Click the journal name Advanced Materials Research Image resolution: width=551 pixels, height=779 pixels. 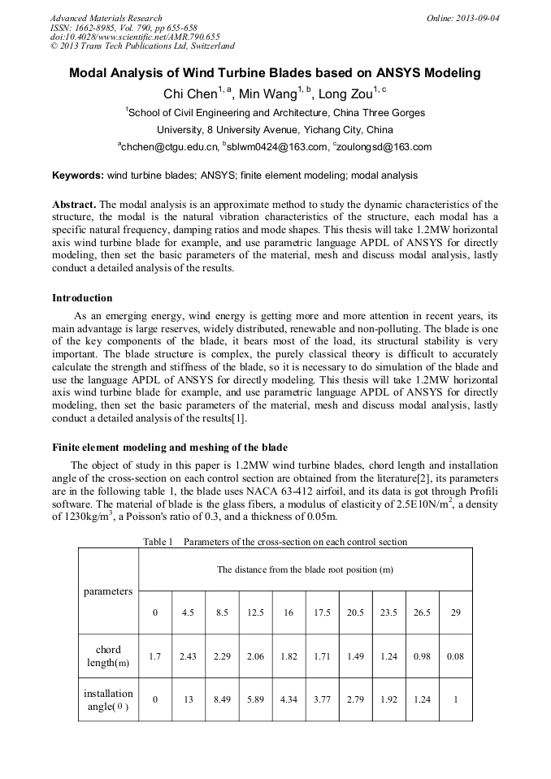tap(106, 18)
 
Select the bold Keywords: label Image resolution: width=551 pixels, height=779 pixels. tap(78, 175)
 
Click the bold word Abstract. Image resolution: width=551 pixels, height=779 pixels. tap(74, 205)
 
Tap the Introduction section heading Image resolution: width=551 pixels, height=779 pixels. tap(82, 298)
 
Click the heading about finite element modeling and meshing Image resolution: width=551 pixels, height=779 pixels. tap(169, 448)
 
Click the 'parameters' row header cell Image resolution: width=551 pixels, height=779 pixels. tap(108, 591)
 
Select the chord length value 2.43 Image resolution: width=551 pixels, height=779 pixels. tap(188, 656)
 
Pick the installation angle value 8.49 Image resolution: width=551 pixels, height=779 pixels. tap(222, 699)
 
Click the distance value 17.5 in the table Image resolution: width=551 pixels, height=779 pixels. tap(322, 612)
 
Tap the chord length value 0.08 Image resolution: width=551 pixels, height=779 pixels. tap(455, 656)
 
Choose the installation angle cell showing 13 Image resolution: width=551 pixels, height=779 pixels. tap(188, 699)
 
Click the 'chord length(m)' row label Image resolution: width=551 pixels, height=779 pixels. tap(108, 656)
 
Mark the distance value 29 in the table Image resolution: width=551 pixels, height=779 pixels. tap(455, 612)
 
